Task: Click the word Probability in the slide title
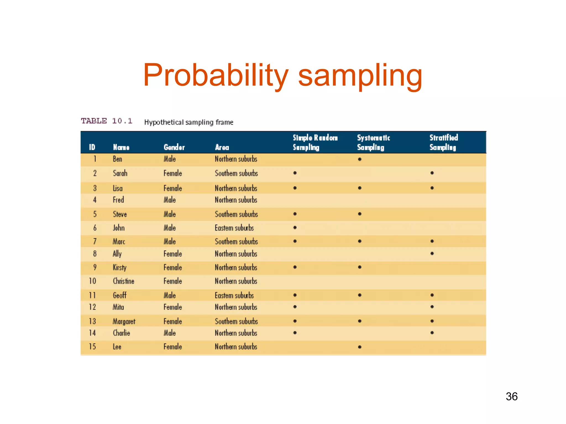click(216, 75)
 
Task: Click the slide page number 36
click(512, 396)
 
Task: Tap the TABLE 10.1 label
click(107, 121)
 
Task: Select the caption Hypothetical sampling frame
click(189, 122)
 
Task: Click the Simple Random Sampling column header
click(315, 142)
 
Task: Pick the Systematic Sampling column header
click(373, 142)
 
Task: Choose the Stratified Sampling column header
click(444, 142)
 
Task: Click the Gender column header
click(174, 147)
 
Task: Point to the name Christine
click(124, 281)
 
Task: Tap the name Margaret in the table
click(124, 321)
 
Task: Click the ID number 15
click(92, 346)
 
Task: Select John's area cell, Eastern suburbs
click(234, 228)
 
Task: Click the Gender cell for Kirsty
click(173, 267)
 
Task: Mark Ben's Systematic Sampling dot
click(360, 159)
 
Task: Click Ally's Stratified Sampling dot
click(432, 253)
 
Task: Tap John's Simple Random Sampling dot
click(295, 228)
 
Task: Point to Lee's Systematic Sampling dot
click(360, 347)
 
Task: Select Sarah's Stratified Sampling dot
click(432, 173)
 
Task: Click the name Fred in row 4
click(118, 200)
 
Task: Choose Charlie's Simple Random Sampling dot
click(295, 333)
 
